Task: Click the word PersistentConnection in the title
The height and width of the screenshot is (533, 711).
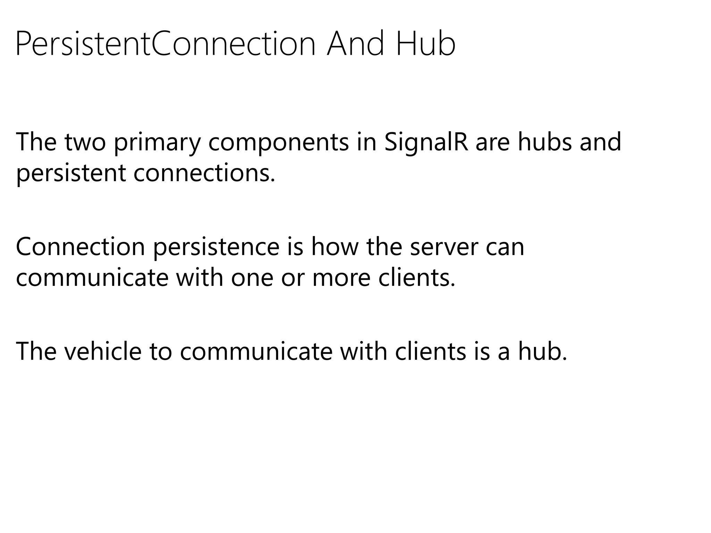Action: tap(165, 44)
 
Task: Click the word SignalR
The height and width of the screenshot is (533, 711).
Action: tap(426, 143)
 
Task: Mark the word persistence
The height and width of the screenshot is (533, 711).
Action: tap(216, 247)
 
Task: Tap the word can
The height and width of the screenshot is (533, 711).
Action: tap(505, 248)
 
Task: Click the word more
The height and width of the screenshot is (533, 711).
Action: tap(342, 279)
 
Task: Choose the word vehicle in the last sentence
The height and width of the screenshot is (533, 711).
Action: tap(103, 351)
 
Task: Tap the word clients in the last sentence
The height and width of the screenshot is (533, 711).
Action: tap(430, 351)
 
